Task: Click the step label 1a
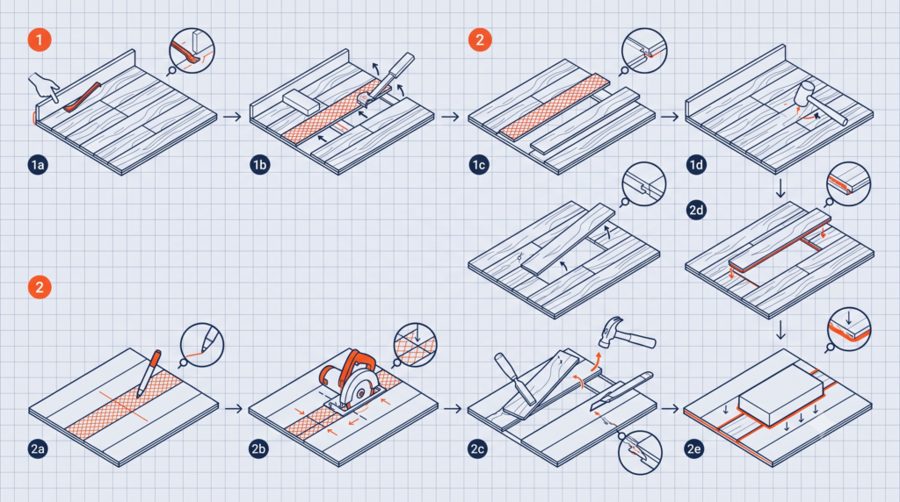(38, 165)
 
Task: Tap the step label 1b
(260, 165)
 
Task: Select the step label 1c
(479, 165)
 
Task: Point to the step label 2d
(696, 210)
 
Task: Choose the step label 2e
(694, 448)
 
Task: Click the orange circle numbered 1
(40, 40)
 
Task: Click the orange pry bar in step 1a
(82, 97)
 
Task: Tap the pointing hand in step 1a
(44, 86)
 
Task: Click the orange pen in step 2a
(148, 372)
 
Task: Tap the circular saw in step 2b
(350, 381)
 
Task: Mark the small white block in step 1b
(301, 102)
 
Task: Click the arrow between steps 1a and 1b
(232, 117)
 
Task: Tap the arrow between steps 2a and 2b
(234, 409)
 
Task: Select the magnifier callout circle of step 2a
(201, 345)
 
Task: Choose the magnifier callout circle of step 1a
(192, 51)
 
